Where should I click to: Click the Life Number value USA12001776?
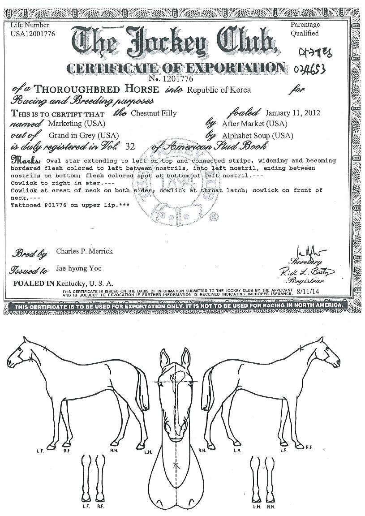tap(33, 34)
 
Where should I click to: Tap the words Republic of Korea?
tap(219, 90)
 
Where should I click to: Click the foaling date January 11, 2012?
tap(293, 113)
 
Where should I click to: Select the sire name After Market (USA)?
tap(254, 124)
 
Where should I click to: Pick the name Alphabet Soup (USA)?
tap(258, 135)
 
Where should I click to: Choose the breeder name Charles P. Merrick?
tap(84, 251)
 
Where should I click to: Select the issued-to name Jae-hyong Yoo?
tap(79, 269)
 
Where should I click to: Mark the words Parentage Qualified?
tap(305, 29)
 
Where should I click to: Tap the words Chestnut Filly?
tap(154, 113)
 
